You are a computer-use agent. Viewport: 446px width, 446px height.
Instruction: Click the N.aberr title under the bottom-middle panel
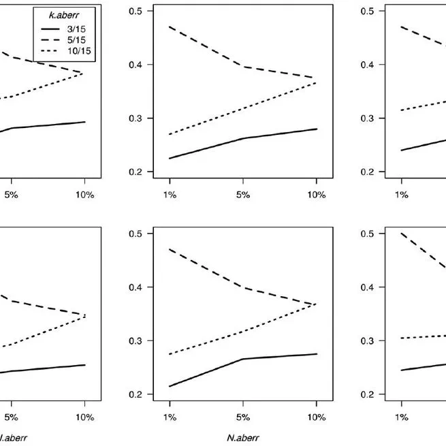tap(244, 439)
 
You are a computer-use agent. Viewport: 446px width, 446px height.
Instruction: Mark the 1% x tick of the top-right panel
tap(402, 195)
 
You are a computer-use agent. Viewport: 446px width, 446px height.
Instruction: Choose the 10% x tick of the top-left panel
tap(84, 195)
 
